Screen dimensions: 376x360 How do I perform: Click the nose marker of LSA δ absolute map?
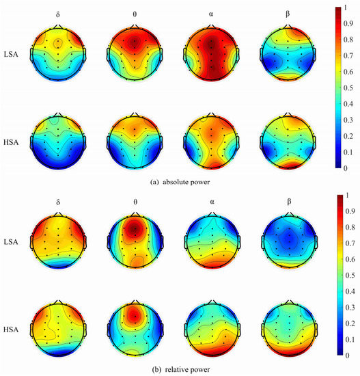click(x=59, y=26)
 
